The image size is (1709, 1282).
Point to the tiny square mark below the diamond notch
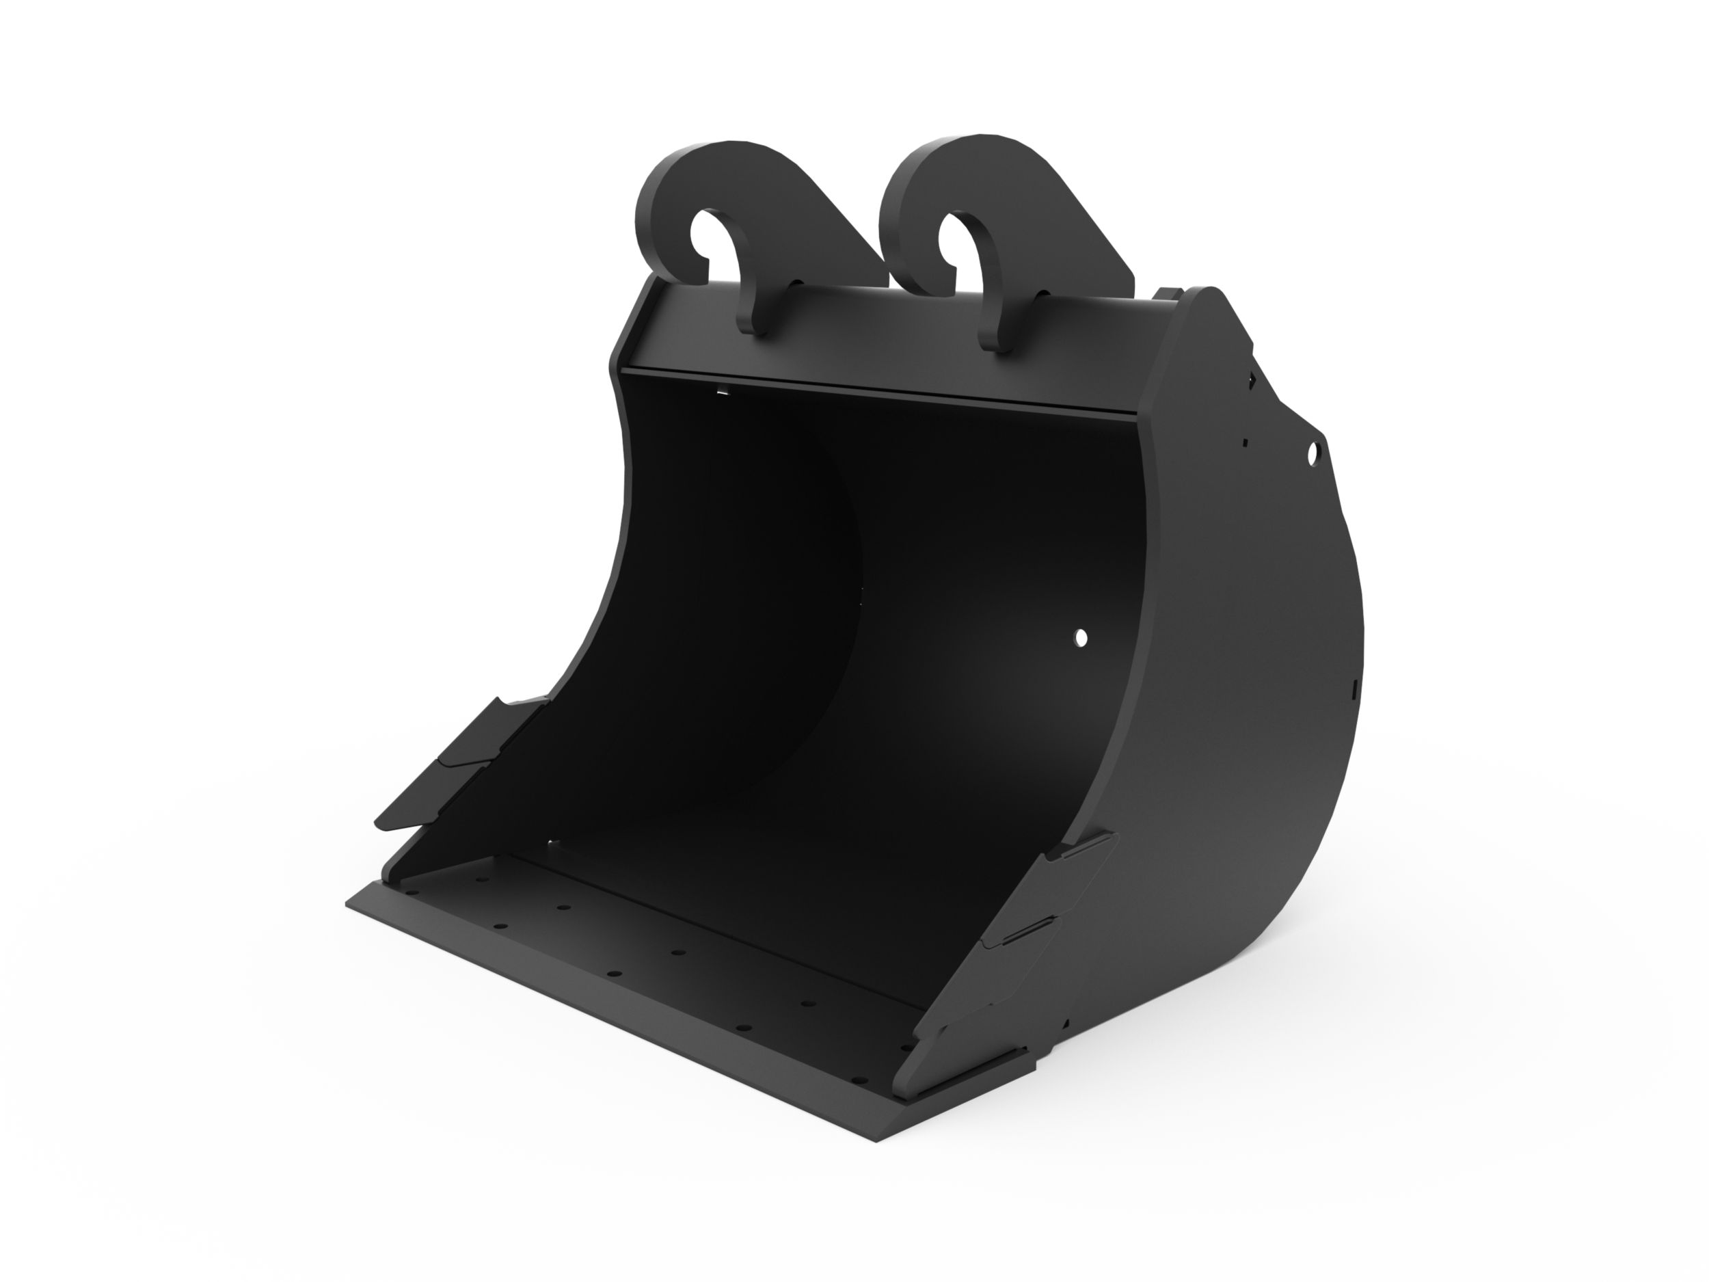pyautogui.click(x=1246, y=444)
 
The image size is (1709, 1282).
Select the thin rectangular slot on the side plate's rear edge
pyautogui.click(x=1357, y=686)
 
